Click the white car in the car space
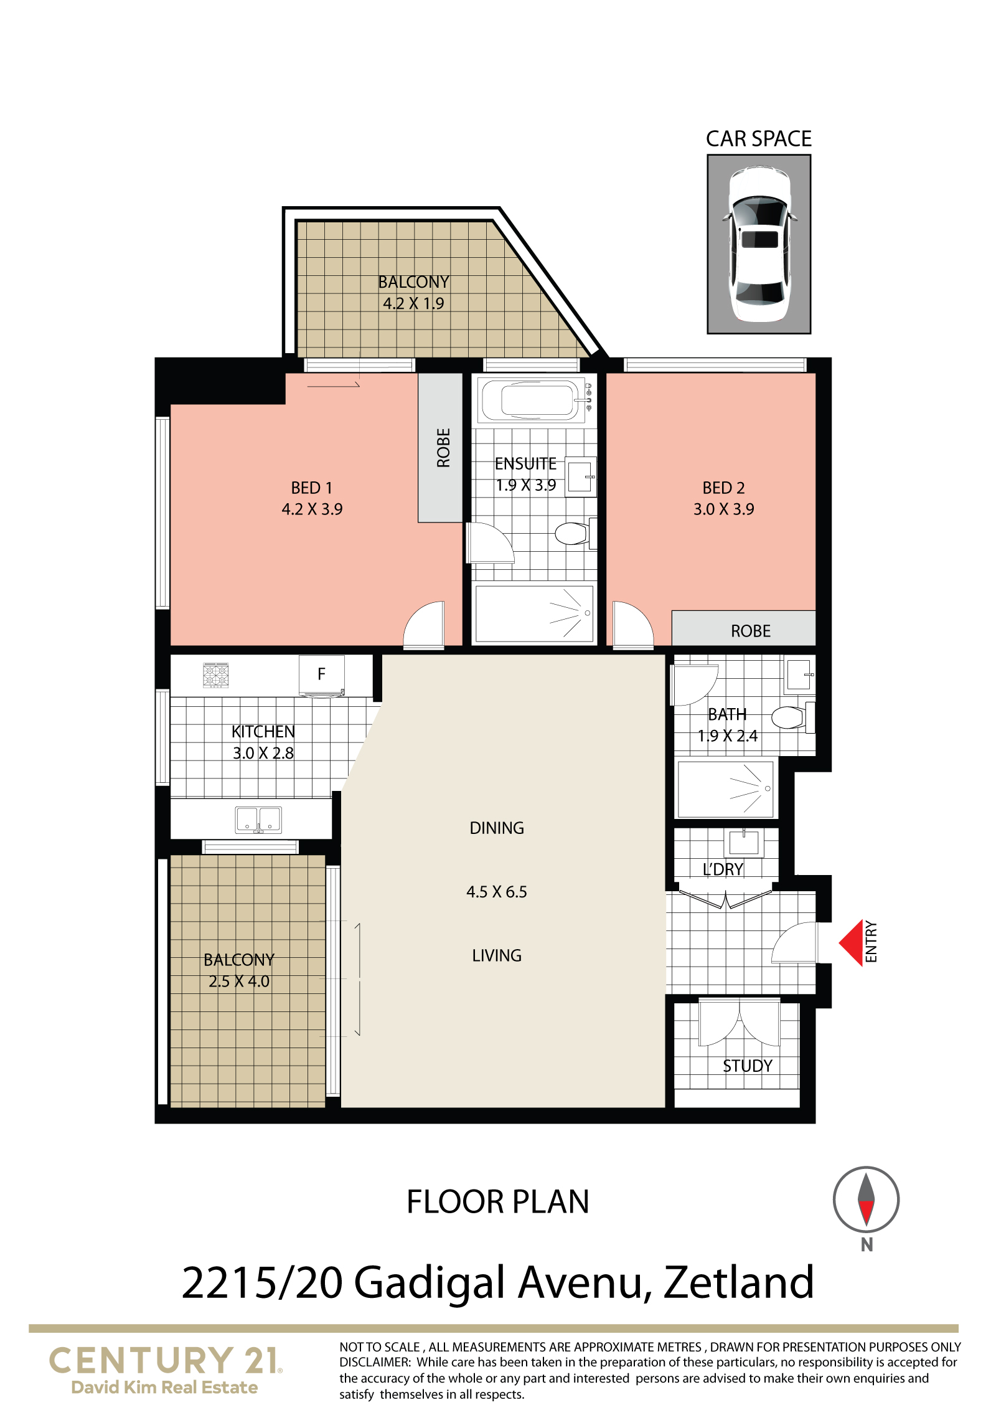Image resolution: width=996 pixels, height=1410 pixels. [x=759, y=244]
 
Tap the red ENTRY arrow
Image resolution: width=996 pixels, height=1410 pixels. [x=850, y=942]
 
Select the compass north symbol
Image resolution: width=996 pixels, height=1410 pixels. [x=866, y=1199]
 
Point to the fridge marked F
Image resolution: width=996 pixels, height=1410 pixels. [x=321, y=674]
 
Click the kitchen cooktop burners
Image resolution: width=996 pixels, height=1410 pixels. [x=216, y=675]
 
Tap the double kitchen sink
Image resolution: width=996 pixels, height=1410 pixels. [x=258, y=820]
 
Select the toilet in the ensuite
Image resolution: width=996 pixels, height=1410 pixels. [x=572, y=534]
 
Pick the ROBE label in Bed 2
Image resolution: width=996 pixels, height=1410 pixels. [x=750, y=631]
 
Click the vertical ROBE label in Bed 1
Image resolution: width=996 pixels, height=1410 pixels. [x=443, y=447]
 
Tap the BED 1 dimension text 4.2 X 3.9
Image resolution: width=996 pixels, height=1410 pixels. [x=312, y=509]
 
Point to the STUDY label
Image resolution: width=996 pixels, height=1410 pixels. [x=747, y=1066]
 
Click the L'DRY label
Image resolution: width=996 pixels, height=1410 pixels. [x=723, y=869]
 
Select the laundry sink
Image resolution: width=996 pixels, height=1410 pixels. [x=743, y=843]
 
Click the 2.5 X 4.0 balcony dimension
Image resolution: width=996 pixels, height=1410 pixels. [x=239, y=981]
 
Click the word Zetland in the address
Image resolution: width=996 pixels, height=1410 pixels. [x=739, y=1282]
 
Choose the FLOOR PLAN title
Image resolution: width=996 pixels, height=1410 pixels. [x=497, y=1201]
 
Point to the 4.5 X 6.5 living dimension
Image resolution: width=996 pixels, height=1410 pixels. [x=497, y=892]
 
